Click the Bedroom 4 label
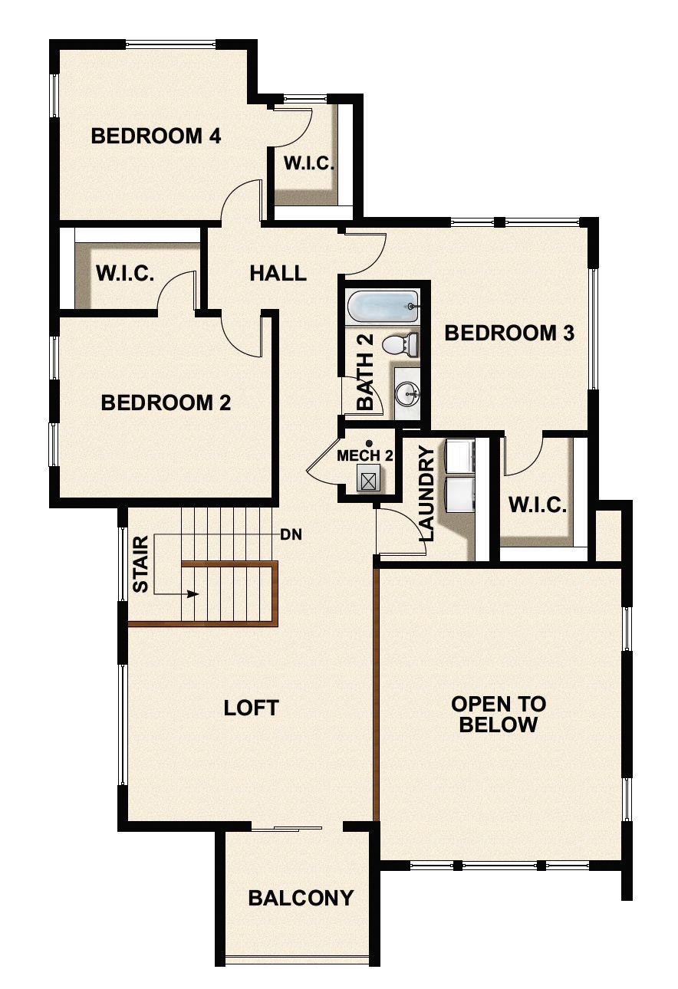click(156, 136)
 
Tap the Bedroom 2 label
click(166, 402)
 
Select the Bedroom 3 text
click(509, 333)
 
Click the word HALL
click(278, 273)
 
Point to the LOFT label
click(251, 708)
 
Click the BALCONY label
click(301, 898)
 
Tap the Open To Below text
click(498, 715)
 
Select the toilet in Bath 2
click(401, 344)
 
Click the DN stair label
click(291, 534)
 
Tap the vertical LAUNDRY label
click(426, 494)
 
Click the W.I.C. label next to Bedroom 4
click(308, 163)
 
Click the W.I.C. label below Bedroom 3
click(537, 506)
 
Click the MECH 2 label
click(365, 455)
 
